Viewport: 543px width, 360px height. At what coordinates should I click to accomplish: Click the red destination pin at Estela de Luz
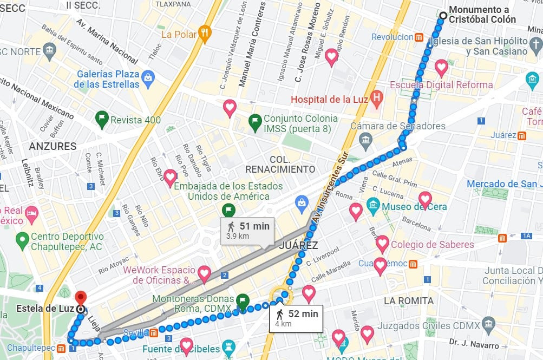(x=81, y=298)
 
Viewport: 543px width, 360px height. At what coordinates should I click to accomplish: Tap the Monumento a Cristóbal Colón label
(x=482, y=15)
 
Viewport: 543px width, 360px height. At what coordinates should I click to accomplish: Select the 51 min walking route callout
(x=247, y=231)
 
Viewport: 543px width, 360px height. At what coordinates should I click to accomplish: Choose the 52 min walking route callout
(x=296, y=318)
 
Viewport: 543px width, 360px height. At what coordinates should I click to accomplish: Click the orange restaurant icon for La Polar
(x=204, y=34)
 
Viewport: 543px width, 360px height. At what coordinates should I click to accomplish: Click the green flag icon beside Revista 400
(x=101, y=119)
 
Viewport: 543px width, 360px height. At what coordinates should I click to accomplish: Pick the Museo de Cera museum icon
(x=373, y=206)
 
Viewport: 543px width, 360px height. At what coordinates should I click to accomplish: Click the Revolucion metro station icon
(x=419, y=37)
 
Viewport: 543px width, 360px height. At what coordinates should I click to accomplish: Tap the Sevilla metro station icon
(x=154, y=332)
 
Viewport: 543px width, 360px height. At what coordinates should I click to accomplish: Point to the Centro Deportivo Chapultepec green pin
(x=22, y=238)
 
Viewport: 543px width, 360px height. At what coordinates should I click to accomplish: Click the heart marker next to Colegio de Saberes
(x=383, y=244)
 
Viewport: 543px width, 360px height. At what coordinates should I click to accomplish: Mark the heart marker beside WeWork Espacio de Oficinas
(x=204, y=273)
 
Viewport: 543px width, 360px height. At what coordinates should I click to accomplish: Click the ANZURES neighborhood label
(x=53, y=146)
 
